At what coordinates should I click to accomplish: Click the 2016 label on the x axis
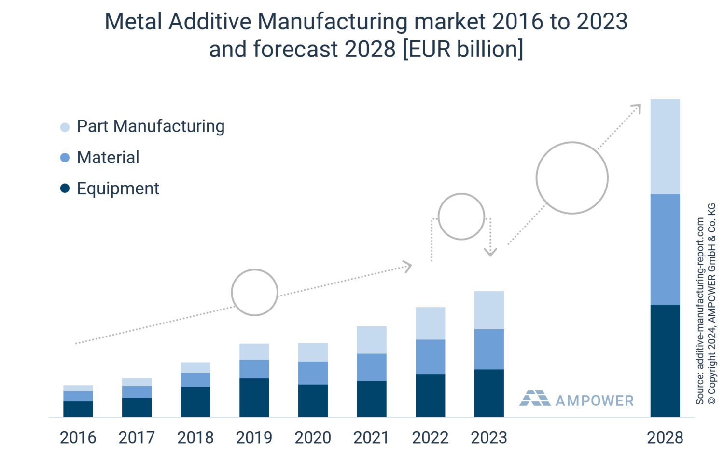pos(78,437)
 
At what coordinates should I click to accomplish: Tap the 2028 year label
pos(665,437)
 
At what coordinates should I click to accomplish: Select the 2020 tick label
pos(313,437)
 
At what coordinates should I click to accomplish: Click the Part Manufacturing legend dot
pos(65,127)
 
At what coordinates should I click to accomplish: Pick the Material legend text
pos(108,158)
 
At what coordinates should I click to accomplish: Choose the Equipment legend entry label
pos(118,189)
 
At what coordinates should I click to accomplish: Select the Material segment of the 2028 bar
pos(665,249)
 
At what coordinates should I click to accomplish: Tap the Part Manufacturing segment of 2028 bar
pos(665,146)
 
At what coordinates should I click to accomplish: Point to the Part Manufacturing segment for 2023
pos(489,310)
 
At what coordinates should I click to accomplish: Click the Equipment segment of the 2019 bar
pos(254,397)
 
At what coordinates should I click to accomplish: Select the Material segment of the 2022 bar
pos(430,357)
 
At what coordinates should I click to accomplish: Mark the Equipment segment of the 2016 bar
pos(78,408)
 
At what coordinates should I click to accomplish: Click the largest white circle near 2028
pos(572,178)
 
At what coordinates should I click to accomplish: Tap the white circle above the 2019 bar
pos(254,293)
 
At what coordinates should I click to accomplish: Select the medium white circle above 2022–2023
pos(461,216)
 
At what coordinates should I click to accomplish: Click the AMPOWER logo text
pos(594,401)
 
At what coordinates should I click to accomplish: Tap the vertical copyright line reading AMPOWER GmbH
pos(711,304)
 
